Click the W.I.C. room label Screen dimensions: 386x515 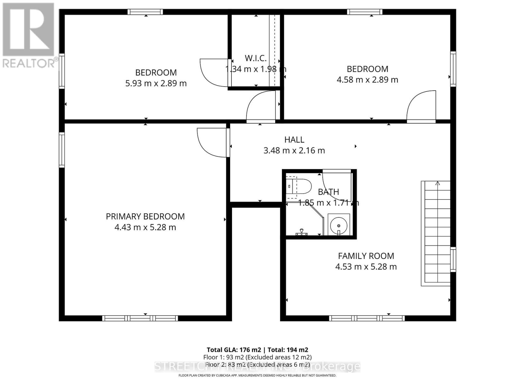point(256,58)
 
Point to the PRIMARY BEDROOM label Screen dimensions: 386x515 point(145,216)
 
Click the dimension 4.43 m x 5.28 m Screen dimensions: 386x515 point(145,227)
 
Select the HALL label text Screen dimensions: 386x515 point(294,140)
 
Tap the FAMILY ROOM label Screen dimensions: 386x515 point(366,256)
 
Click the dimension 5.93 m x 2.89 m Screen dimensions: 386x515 point(156,83)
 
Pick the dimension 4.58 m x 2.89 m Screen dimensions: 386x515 point(367,79)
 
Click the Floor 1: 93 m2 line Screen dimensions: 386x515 point(257,357)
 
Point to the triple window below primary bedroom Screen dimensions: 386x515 point(140,318)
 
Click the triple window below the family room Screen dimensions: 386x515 point(367,318)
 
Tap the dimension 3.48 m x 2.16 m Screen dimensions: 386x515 point(294,151)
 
